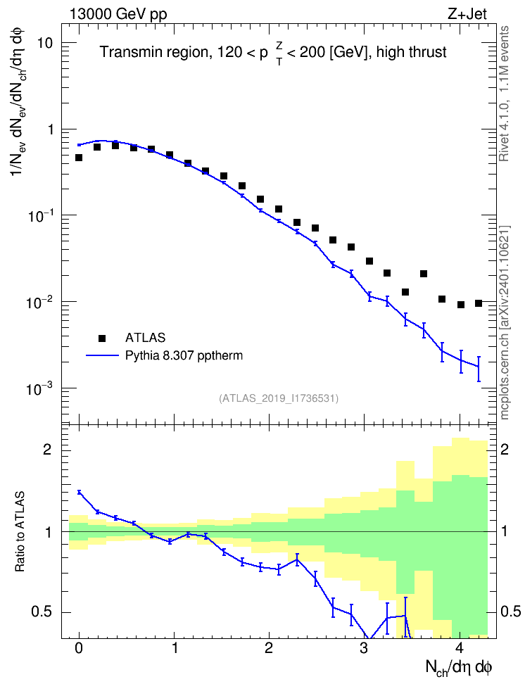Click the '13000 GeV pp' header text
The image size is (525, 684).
pos(118,15)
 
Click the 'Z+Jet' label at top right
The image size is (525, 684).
pos(467,14)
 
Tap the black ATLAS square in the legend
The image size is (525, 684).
pos(102,338)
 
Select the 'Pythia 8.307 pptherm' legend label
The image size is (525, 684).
pos(184,356)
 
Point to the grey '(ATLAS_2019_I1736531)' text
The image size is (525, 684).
pos(279,398)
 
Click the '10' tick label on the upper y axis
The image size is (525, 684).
pos(43,44)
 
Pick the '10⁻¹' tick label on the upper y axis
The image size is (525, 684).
pos(39,215)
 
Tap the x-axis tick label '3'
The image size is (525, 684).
pos(364,648)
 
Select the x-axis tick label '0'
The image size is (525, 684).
pos(79,648)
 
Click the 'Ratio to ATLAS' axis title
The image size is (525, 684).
pos(20,532)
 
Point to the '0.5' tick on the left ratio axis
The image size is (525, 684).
pos(42,612)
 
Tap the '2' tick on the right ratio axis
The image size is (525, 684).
pos(505,450)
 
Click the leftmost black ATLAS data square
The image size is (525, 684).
pos(79,158)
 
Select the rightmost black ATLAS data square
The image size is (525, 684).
pos(479,303)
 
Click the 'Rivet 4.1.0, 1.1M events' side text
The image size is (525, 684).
pos(505,94)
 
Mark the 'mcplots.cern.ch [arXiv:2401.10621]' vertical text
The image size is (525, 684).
pos(505,323)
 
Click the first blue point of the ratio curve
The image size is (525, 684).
pos(79,492)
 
